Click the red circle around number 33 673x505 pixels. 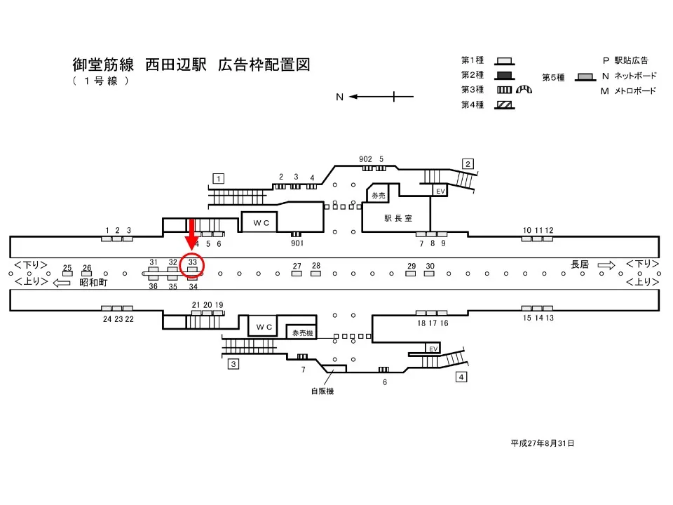192,265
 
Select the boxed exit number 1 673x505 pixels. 219,179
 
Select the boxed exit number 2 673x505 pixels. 468,164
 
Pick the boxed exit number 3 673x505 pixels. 233,363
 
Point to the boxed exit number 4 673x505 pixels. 461,377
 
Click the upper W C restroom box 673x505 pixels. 261,222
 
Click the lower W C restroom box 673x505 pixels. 264,327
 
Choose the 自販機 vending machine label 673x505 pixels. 322,391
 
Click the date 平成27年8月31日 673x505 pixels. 543,443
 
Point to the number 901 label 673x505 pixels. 297,243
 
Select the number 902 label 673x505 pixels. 365,159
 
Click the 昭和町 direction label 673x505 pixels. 93,282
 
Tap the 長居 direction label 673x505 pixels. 580,264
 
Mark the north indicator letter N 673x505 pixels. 339,97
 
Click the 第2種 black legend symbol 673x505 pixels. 504,75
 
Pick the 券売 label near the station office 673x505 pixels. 379,195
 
